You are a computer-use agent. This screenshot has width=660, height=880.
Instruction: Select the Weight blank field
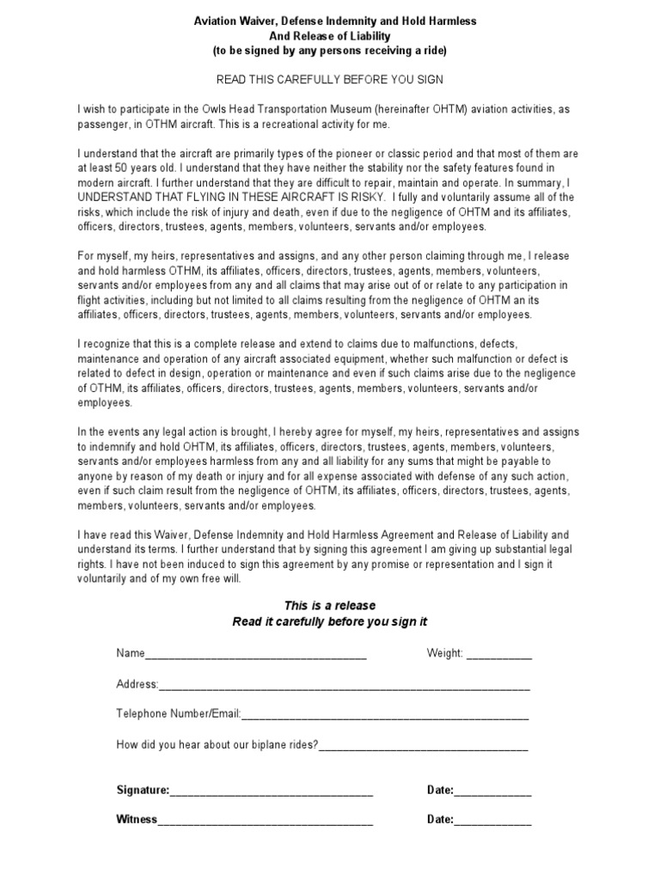(499, 655)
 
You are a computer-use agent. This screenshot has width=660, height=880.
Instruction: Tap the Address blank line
(344, 686)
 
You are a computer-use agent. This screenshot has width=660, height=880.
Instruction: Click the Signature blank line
(272, 791)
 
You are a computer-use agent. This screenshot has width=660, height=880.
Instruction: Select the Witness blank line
(266, 822)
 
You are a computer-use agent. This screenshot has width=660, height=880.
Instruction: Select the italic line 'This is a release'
(330, 606)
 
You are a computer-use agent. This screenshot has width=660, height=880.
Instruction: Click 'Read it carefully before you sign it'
(330, 621)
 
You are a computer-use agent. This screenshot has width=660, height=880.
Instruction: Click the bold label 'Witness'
(137, 820)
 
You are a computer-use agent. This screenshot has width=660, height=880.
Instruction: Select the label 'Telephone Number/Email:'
(179, 714)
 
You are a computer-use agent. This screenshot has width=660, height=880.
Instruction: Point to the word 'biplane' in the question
(252, 744)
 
